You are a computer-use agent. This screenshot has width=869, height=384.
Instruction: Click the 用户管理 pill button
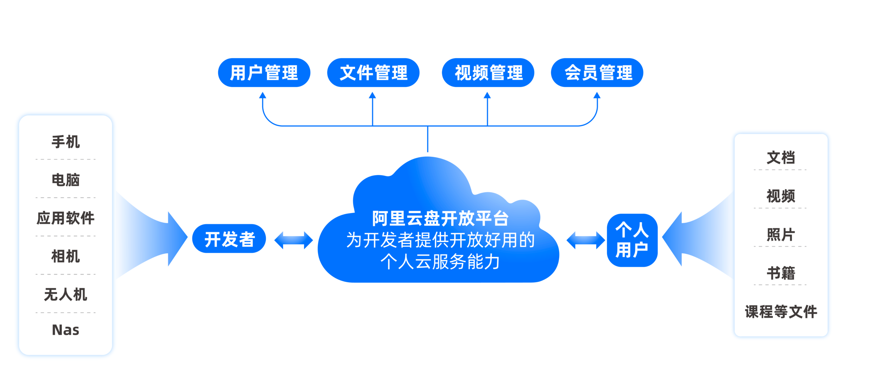pos(264,72)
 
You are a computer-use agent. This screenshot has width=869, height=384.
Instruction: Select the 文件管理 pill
pos(373,72)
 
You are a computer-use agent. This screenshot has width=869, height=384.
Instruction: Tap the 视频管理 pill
pos(488,72)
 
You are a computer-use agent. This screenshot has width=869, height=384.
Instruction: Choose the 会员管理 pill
pos(597,72)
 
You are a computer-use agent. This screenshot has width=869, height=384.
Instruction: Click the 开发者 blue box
pos(229,239)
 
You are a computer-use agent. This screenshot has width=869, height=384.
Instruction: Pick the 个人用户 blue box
pos(632,240)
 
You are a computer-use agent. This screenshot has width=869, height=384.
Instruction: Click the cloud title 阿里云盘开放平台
pos(440,218)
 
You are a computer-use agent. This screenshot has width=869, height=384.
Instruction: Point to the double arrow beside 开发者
pos(293,240)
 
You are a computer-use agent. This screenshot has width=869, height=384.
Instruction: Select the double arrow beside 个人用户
pos(585,240)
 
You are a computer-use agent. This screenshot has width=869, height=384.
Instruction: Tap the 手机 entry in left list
pos(65,142)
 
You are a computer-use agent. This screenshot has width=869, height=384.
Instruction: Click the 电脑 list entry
pos(65,180)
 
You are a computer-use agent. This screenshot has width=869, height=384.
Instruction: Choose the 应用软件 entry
pos(65,218)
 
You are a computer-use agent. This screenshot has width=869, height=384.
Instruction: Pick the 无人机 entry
pos(65,294)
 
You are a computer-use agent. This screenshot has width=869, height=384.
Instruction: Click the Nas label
pos(65,330)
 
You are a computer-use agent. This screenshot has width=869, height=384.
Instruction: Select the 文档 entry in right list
pos(781,158)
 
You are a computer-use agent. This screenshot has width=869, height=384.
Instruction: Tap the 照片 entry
pos(781,235)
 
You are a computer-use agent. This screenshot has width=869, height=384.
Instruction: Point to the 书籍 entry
pos(781,273)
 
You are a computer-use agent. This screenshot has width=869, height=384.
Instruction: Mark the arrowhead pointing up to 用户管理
pos(262,95)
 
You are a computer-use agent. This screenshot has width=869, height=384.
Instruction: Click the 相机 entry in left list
pos(65,256)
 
